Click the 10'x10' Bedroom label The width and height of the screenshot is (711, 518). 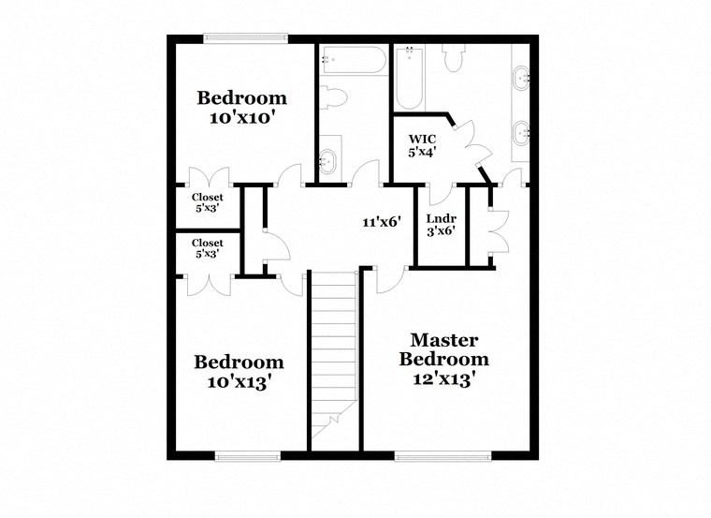(x=241, y=108)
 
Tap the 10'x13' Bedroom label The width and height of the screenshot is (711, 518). (x=239, y=371)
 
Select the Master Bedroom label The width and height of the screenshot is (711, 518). (x=444, y=360)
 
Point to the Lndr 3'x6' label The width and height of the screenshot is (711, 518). (x=441, y=224)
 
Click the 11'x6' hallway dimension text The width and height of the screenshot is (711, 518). (x=382, y=222)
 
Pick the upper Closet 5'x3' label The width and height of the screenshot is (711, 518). (x=208, y=202)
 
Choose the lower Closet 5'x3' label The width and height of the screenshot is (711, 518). (x=208, y=248)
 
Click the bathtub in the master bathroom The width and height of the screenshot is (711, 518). (x=409, y=79)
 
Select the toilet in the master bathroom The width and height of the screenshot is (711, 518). (x=455, y=58)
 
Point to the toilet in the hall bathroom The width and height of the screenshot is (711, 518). (x=334, y=96)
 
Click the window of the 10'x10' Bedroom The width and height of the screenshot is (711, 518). (x=245, y=38)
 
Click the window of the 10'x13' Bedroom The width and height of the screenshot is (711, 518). (x=248, y=456)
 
